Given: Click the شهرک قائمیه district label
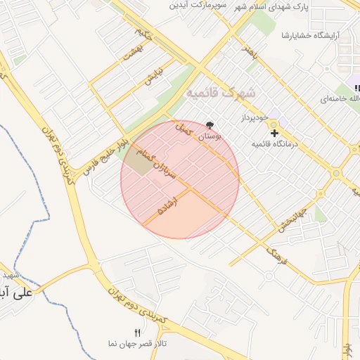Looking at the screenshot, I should tap(221, 93).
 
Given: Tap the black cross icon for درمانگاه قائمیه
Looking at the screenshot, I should tap(274, 132).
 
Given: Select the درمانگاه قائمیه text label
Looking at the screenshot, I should tap(275, 143).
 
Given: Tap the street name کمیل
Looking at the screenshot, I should tap(182, 130).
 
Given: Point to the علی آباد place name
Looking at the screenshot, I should tap(17, 292).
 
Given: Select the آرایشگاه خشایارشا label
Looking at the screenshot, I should tap(310, 35).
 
